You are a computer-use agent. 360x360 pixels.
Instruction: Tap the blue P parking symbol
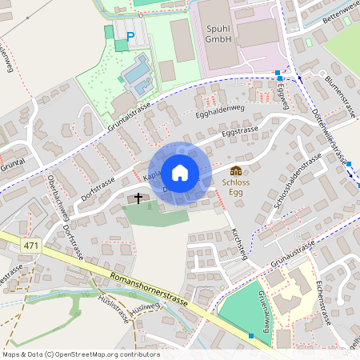pyautogui.click(x=130, y=35)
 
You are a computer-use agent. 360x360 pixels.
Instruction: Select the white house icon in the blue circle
pyautogui.click(x=180, y=172)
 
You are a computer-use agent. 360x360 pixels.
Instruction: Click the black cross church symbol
pyautogui.click(x=138, y=197)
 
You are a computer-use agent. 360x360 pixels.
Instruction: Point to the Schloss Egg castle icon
pyautogui.click(x=236, y=170)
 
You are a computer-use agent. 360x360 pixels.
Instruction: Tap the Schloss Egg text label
pyautogui.click(x=236, y=187)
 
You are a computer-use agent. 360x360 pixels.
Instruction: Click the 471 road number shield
pyautogui.click(x=31, y=245)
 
